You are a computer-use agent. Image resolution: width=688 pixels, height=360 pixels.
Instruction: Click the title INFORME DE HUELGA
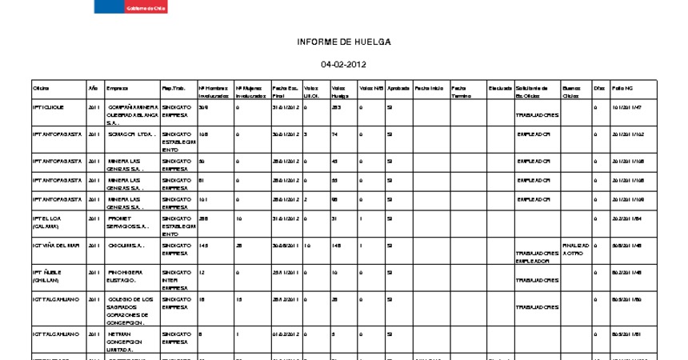pos(344,42)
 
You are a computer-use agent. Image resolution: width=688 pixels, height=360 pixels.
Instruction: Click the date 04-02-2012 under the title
pos(344,64)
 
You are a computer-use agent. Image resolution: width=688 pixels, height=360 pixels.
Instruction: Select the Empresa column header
pos(118,87)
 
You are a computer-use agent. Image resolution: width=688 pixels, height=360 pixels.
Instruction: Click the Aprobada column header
pos(398,87)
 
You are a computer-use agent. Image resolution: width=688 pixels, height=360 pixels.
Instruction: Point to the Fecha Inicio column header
pos(429,87)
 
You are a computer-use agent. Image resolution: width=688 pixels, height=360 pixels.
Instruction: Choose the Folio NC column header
pos(622,87)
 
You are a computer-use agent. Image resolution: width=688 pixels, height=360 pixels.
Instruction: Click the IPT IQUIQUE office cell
pos(49,106)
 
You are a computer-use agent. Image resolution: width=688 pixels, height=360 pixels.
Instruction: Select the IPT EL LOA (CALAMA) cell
pos(46,222)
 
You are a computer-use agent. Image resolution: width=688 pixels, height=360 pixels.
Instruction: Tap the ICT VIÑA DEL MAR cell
pos(56,245)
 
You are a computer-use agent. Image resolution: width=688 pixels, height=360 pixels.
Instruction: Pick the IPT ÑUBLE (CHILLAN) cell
pos(46,276)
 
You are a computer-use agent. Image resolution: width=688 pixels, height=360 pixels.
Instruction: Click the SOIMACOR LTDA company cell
pos(130,134)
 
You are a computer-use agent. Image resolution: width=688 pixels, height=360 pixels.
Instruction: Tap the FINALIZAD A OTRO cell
pos(575,249)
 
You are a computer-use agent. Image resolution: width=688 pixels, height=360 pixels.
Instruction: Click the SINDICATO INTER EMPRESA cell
pos(176,276)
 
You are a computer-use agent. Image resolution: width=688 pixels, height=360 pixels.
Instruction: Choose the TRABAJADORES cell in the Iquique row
pos(538,114)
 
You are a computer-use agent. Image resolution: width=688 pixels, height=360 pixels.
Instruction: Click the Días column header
pos(598,87)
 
